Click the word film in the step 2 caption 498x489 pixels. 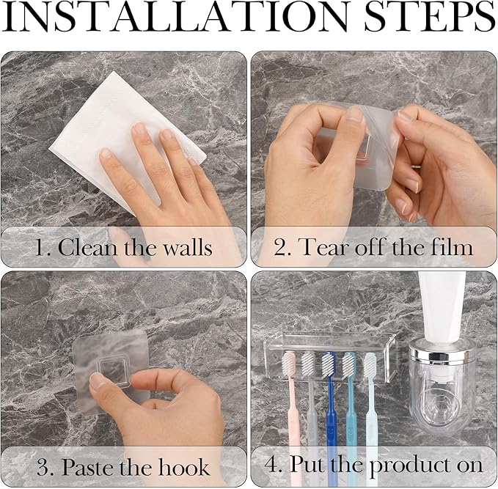tap(451, 247)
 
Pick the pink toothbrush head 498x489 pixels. tap(290, 364)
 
